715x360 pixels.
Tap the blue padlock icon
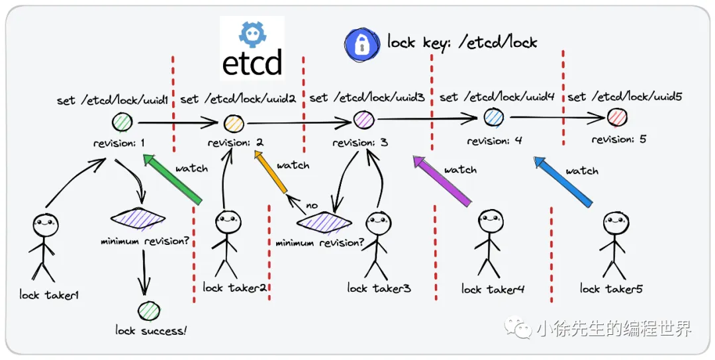(361, 44)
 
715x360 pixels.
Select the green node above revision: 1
(122, 122)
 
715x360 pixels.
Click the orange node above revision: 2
(234, 123)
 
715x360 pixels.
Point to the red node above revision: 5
(616, 117)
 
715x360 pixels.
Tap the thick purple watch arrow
(442, 179)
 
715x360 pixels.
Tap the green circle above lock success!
(149, 311)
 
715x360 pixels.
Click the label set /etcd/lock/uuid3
(367, 98)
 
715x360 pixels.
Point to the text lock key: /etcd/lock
(462, 43)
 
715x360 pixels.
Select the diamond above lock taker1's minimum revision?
(138, 218)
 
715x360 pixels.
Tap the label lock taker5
(611, 289)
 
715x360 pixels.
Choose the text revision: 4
(494, 141)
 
